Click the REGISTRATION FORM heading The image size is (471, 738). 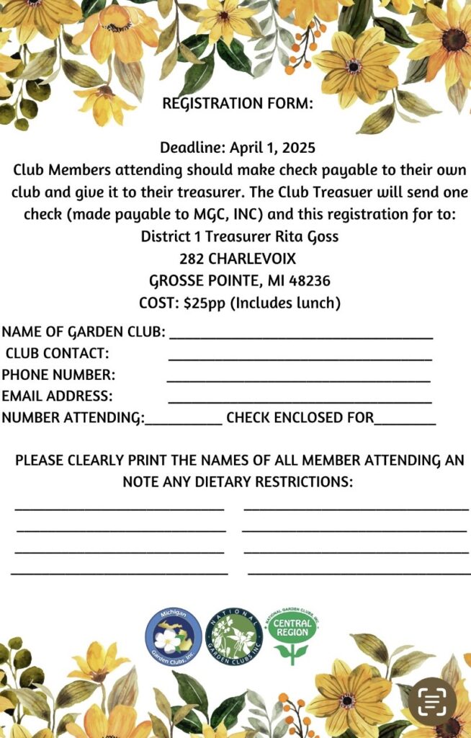(238, 103)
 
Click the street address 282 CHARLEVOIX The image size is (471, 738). (238, 259)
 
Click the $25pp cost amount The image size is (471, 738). (205, 303)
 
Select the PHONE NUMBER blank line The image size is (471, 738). (298, 379)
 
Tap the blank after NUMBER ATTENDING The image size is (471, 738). (184, 422)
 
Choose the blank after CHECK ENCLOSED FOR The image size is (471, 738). (405, 422)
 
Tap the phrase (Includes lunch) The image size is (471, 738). (285, 303)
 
